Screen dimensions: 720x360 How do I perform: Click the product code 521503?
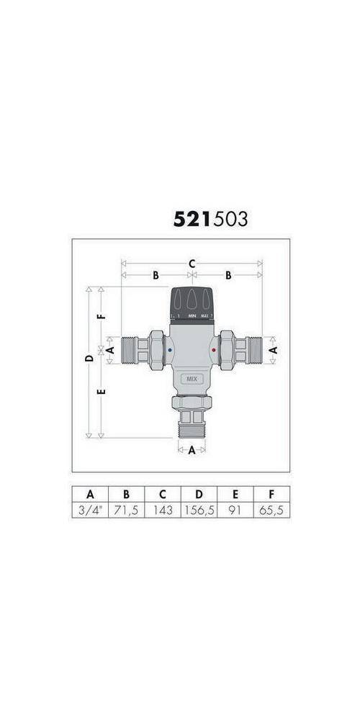(210, 218)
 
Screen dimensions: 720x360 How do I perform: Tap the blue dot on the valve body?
(169, 351)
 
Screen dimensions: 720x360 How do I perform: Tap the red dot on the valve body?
(214, 351)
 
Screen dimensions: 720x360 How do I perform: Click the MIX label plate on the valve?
(192, 378)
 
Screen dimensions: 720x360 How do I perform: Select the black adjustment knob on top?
(192, 302)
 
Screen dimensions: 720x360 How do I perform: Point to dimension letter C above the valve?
(192, 264)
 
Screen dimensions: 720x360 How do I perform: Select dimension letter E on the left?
(102, 392)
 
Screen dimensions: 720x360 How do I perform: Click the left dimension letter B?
(155, 275)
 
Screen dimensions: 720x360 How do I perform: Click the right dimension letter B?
(228, 275)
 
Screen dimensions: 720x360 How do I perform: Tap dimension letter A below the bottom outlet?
(192, 451)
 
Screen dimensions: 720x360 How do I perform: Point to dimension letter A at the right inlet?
(273, 348)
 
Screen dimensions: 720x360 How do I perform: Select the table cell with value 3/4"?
(90, 510)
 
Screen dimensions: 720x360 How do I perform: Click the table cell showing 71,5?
(126, 510)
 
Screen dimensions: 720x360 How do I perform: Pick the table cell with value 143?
(162, 510)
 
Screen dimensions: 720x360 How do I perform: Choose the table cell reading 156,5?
(199, 510)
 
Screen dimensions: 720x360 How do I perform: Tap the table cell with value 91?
(235, 510)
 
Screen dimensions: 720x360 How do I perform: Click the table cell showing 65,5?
(271, 510)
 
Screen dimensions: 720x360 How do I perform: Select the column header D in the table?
(199, 494)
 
